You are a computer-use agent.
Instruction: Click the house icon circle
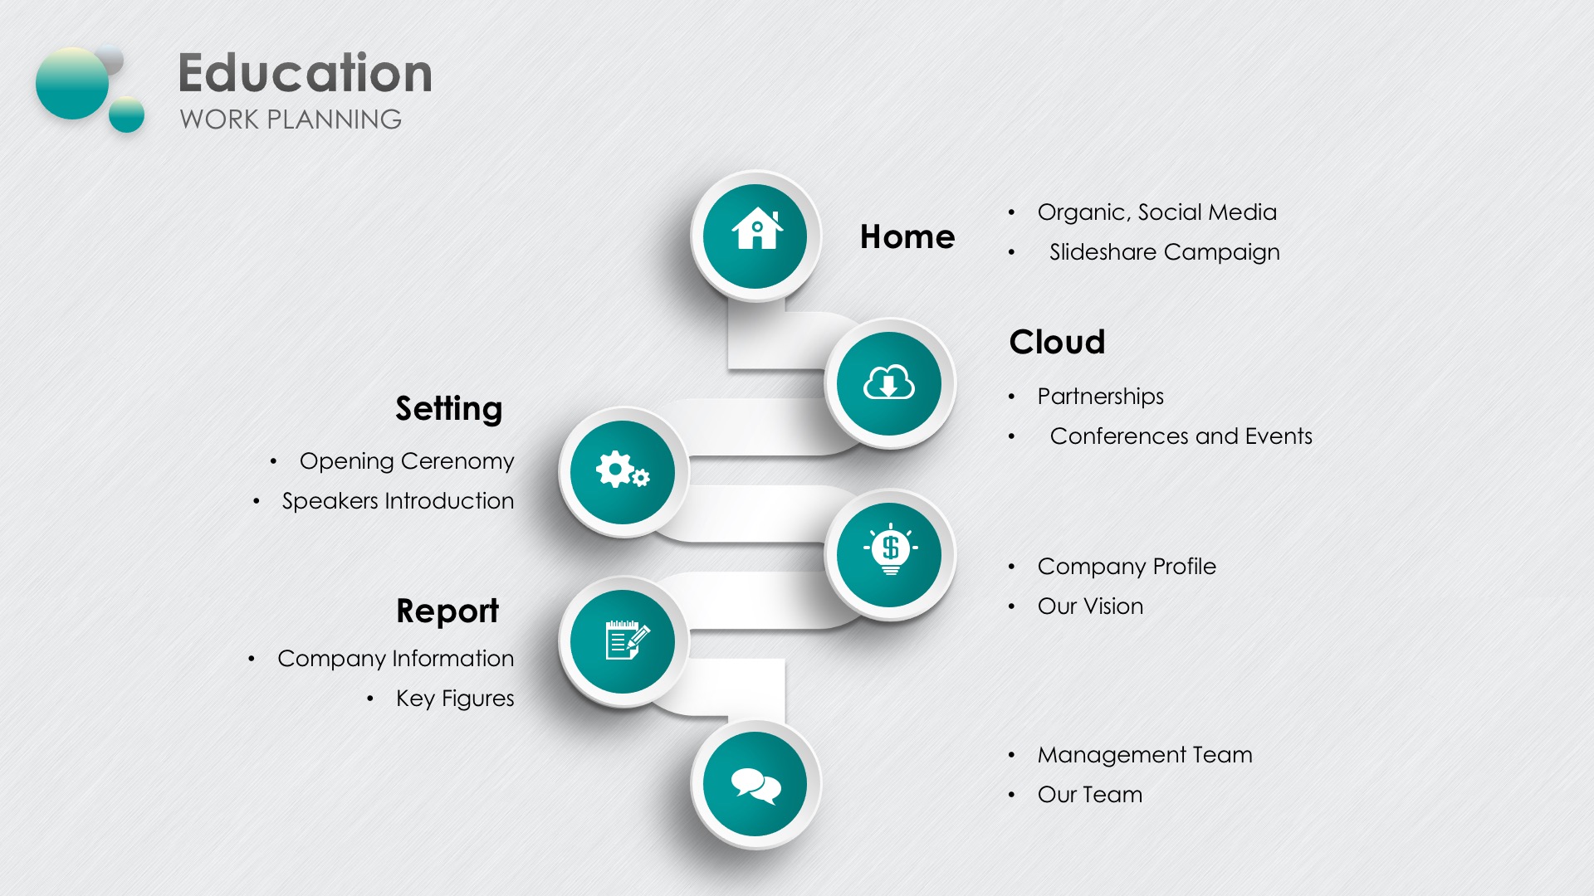pyautogui.click(x=755, y=236)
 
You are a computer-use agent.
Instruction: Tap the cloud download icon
pyautogui.click(x=889, y=383)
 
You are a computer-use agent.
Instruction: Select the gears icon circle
pyautogui.click(x=623, y=472)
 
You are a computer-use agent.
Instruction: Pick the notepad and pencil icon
pyautogui.click(x=627, y=640)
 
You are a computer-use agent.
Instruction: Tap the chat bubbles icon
pyautogui.click(x=755, y=785)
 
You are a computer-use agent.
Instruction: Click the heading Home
pyautogui.click(x=907, y=237)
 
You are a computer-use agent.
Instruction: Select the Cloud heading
pyautogui.click(x=1057, y=342)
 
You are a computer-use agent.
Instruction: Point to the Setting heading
pyautogui.click(x=449, y=409)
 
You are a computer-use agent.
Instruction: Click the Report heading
pyautogui.click(x=447, y=611)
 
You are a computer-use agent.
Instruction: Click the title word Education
pyautogui.click(x=305, y=73)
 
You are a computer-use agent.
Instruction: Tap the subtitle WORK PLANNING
pyautogui.click(x=291, y=119)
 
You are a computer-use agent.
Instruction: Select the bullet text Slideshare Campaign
pyautogui.click(x=1164, y=252)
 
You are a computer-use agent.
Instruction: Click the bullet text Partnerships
pyautogui.click(x=1100, y=397)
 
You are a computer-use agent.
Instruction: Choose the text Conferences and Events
pyautogui.click(x=1181, y=436)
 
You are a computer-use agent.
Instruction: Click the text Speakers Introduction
pyautogui.click(x=398, y=501)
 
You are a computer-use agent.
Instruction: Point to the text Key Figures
pyautogui.click(x=455, y=699)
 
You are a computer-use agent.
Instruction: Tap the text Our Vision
pyautogui.click(x=1090, y=606)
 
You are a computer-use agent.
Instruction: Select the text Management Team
pyautogui.click(x=1145, y=755)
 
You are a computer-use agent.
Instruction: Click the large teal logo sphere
pyautogui.click(x=73, y=83)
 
